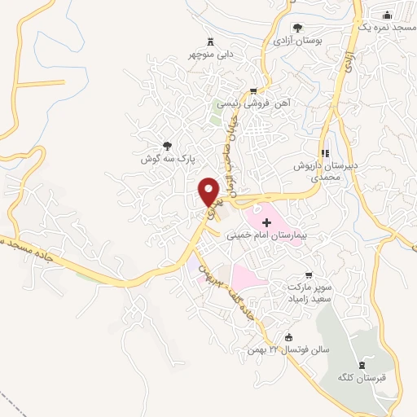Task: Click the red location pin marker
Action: [210, 191]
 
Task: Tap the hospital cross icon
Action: [266, 222]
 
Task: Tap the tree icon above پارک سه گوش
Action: [168, 146]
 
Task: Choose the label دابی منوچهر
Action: [210, 55]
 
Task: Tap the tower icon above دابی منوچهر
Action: [211, 41]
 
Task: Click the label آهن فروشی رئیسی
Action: [261, 104]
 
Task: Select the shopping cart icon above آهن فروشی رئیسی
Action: [254, 91]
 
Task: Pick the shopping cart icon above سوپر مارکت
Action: [308, 276]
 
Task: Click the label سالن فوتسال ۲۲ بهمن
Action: [283, 351]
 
